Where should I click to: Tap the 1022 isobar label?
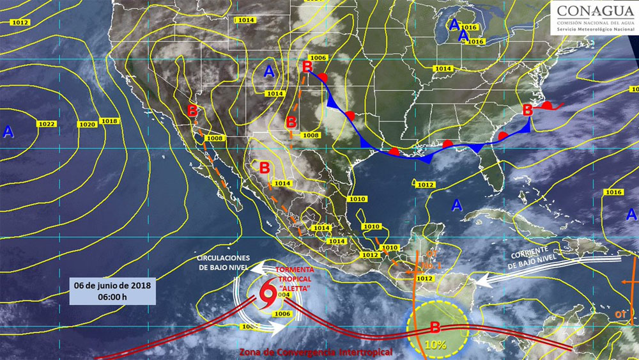click(x=47, y=123)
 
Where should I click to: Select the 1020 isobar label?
click(x=86, y=124)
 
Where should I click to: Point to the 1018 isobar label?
click(x=109, y=121)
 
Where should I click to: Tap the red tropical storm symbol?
click(x=268, y=295)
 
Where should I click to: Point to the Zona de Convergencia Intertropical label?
click(x=315, y=352)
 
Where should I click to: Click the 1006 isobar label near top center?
click(x=319, y=58)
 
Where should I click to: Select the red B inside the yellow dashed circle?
click(x=435, y=328)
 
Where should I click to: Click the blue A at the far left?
click(x=8, y=132)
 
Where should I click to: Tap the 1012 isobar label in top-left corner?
click(x=20, y=22)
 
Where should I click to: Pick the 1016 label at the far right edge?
click(x=613, y=192)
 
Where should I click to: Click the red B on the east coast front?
click(x=528, y=110)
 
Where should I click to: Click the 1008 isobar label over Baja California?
click(x=214, y=138)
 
